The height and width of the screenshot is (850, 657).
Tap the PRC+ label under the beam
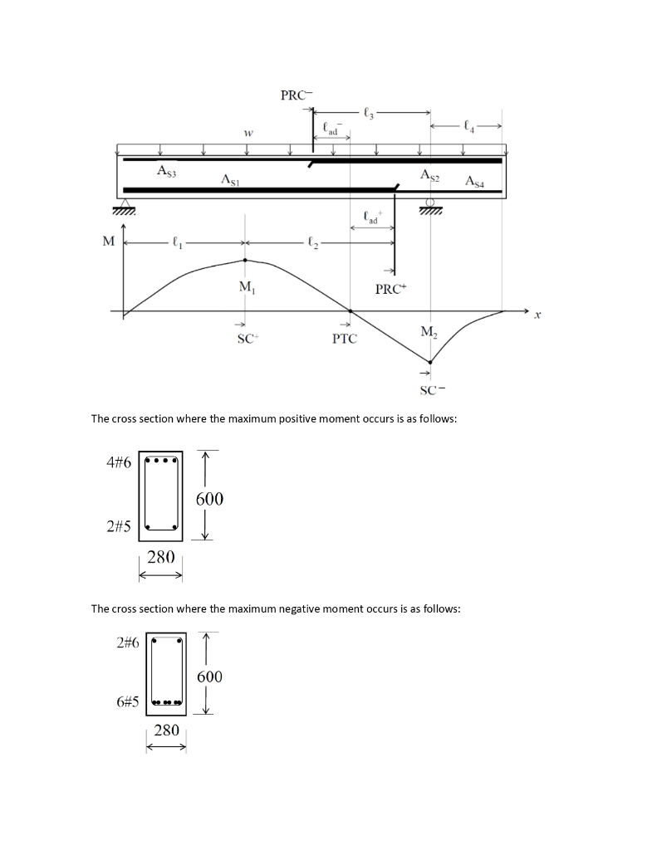(390, 290)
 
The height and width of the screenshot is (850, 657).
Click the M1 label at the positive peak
(247, 287)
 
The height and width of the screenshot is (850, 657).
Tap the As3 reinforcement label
(167, 170)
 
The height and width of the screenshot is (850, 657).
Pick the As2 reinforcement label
(430, 175)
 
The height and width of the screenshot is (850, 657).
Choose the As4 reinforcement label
(476, 180)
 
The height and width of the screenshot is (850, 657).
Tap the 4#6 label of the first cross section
(120, 462)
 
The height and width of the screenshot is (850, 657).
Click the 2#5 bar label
(120, 525)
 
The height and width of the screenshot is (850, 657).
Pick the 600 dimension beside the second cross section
(209, 677)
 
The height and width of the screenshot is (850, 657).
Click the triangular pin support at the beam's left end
(125, 204)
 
